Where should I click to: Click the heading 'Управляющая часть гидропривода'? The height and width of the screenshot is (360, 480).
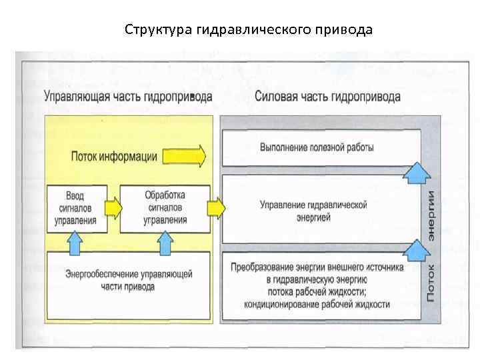tap(128, 97)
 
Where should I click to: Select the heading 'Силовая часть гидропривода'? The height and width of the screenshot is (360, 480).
tap(327, 97)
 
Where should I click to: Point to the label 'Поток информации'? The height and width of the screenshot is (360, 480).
tap(114, 157)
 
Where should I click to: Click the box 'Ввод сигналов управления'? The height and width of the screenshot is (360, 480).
tap(77, 209)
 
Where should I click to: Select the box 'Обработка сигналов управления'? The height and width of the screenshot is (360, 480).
tap(165, 209)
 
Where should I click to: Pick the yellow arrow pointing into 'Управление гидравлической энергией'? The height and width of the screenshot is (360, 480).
tap(215, 209)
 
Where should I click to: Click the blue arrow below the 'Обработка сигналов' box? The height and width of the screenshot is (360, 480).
tap(165, 243)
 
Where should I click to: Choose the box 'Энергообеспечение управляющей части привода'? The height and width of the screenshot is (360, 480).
tap(128, 280)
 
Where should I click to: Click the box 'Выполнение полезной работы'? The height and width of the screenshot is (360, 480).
tap(317, 147)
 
